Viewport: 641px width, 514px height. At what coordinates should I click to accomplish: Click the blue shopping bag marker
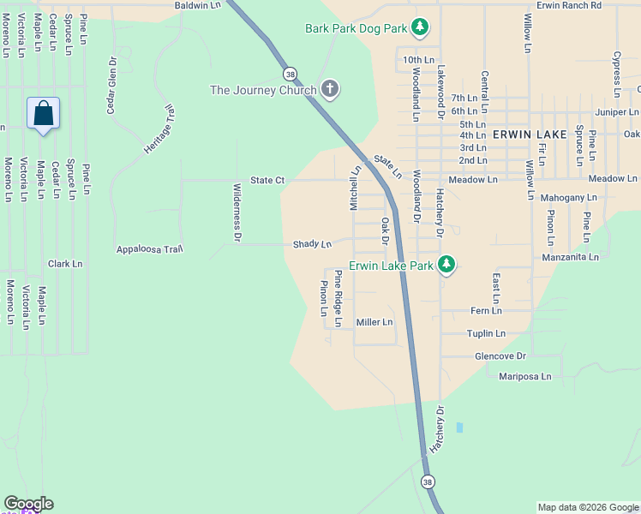(x=44, y=114)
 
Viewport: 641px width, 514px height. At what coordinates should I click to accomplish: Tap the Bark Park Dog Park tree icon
(x=419, y=29)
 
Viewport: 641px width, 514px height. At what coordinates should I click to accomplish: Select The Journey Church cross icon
(x=329, y=89)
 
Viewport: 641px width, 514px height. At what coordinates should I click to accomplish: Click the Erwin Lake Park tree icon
(x=446, y=266)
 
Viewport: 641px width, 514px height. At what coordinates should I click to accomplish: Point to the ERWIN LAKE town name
(x=528, y=134)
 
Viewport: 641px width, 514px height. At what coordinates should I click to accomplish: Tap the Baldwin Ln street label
(x=197, y=5)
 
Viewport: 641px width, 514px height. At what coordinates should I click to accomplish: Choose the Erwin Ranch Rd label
(x=569, y=5)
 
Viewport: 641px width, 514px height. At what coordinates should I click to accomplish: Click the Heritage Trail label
(x=159, y=128)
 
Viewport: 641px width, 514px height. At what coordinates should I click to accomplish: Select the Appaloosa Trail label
(x=150, y=249)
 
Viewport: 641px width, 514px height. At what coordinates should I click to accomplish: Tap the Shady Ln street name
(x=312, y=244)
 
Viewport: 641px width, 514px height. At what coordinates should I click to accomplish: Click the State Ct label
(x=267, y=181)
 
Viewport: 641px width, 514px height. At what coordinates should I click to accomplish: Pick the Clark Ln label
(x=65, y=264)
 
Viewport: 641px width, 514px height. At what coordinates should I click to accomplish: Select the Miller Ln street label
(x=374, y=322)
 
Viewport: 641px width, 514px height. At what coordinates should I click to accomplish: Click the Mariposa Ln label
(x=527, y=376)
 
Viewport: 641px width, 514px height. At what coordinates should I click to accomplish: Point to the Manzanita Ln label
(x=570, y=257)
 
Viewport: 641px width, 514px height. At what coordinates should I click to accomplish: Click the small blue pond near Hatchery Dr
(x=460, y=427)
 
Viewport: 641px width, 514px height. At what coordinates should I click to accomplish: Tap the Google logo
(x=28, y=504)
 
